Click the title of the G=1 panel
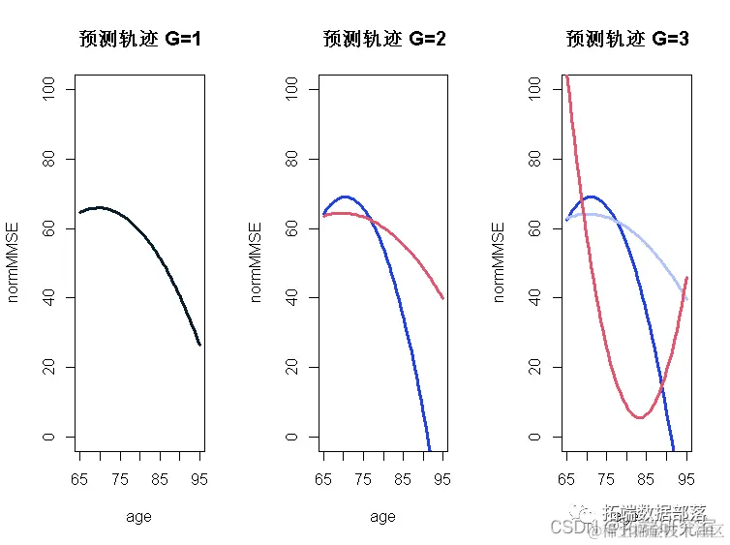tap(139, 40)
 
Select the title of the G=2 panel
tap(383, 40)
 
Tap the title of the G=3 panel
tap(626, 40)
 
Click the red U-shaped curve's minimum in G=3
tap(640, 417)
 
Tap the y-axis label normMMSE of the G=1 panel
tap(14, 261)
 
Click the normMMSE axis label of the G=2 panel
tap(256, 261)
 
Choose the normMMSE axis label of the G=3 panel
tap(500, 261)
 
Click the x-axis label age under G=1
tap(138, 517)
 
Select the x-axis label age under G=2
tap(382, 517)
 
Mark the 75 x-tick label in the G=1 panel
tap(119, 478)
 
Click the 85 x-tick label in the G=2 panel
tap(402, 478)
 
